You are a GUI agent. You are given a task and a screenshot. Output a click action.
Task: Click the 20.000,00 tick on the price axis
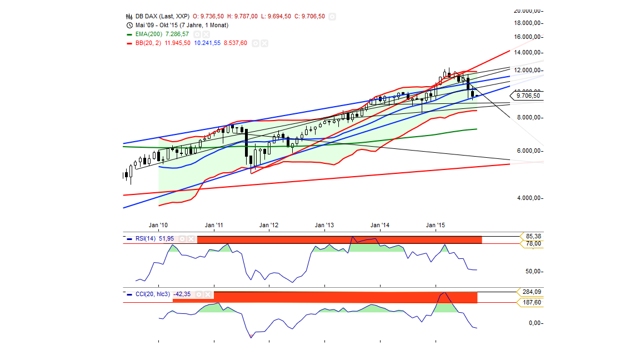click(527, 11)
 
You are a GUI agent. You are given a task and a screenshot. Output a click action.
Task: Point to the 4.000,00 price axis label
click(527, 198)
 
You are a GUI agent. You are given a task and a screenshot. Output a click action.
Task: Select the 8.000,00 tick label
click(527, 117)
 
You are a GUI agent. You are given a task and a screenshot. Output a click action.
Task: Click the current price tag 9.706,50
click(528, 96)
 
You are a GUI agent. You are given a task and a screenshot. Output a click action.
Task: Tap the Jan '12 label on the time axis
click(269, 225)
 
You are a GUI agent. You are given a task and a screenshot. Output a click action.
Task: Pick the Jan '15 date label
click(436, 225)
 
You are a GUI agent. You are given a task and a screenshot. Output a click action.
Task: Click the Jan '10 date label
click(159, 225)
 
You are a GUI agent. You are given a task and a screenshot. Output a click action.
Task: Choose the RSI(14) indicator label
click(146, 238)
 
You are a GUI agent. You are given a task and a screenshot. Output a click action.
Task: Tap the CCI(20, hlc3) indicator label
click(153, 294)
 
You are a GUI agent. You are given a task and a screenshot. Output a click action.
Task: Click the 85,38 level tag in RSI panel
click(533, 236)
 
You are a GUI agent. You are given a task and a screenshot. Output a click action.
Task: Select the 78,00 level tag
click(533, 243)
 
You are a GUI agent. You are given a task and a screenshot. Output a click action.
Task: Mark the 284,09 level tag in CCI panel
click(532, 292)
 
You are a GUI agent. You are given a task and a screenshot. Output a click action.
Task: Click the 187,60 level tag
click(532, 302)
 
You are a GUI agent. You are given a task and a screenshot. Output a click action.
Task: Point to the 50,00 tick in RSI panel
click(532, 271)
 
